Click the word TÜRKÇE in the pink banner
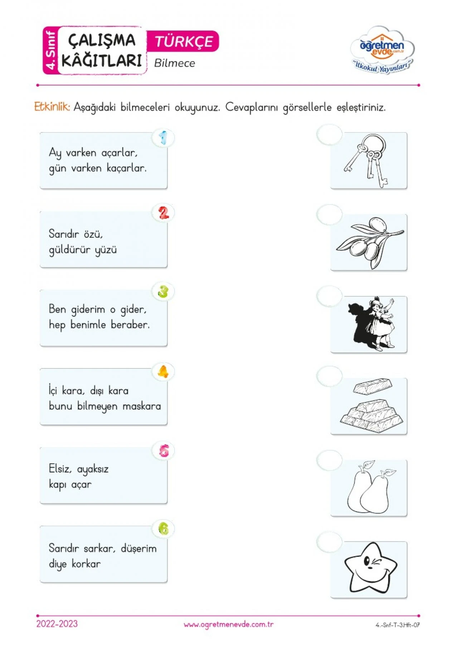tap(184, 42)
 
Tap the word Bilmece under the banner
tap(175, 63)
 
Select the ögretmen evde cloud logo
tap(382, 50)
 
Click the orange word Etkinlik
tap(52, 107)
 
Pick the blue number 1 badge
tap(163, 138)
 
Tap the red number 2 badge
tap(163, 213)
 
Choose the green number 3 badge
tap(163, 291)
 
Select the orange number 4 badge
tap(163, 372)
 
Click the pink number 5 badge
tap(164, 450)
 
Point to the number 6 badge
tap(163, 529)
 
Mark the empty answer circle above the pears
tap(330, 460)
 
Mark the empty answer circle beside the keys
tap(330, 135)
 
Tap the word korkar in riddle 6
tap(86, 564)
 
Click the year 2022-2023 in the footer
tap(57, 624)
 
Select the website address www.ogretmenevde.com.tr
tap(229, 624)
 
